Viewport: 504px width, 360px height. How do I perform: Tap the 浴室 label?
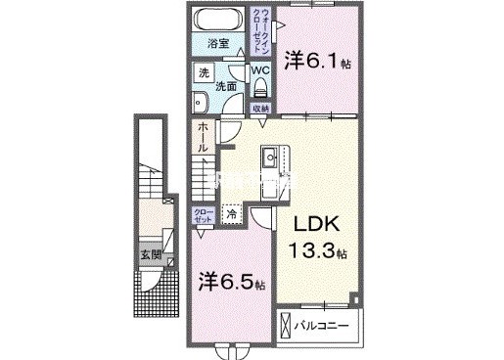tap(217, 44)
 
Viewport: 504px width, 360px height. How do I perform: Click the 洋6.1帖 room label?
tap(316, 62)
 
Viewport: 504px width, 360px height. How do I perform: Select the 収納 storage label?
tap(259, 108)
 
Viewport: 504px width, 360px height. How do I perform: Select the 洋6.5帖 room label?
tap(231, 284)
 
